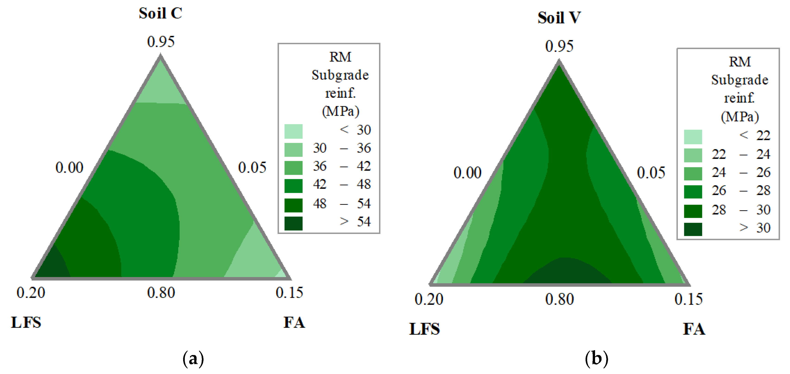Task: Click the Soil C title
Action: click(x=160, y=13)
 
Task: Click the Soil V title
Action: click(x=559, y=18)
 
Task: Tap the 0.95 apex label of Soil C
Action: click(x=161, y=42)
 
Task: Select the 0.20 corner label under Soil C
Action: click(x=31, y=293)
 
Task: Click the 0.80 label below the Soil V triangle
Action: click(x=559, y=299)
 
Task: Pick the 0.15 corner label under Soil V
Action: click(x=688, y=299)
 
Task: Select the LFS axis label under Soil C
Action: click(x=26, y=322)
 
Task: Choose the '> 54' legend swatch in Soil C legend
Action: click(x=293, y=223)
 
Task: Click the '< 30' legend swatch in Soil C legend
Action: click(x=293, y=131)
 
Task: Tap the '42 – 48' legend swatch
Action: click(x=293, y=186)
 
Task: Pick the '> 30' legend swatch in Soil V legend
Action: click(x=693, y=229)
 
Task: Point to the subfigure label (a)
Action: click(x=193, y=358)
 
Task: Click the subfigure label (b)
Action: click(x=596, y=358)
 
